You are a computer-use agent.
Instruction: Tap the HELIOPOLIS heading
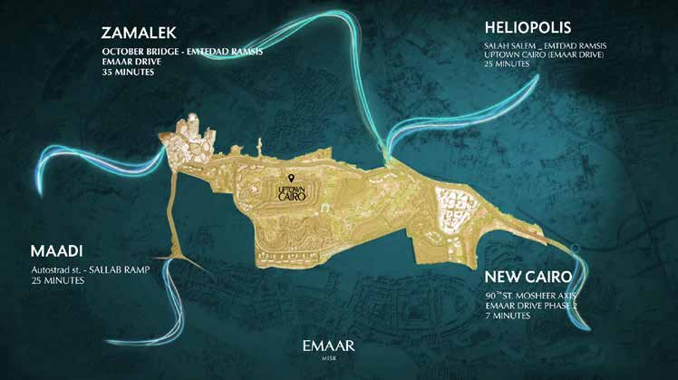pyautogui.click(x=532, y=28)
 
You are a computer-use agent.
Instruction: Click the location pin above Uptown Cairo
pyautogui.click(x=292, y=178)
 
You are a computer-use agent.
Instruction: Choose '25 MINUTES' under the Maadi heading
pyautogui.click(x=57, y=282)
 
